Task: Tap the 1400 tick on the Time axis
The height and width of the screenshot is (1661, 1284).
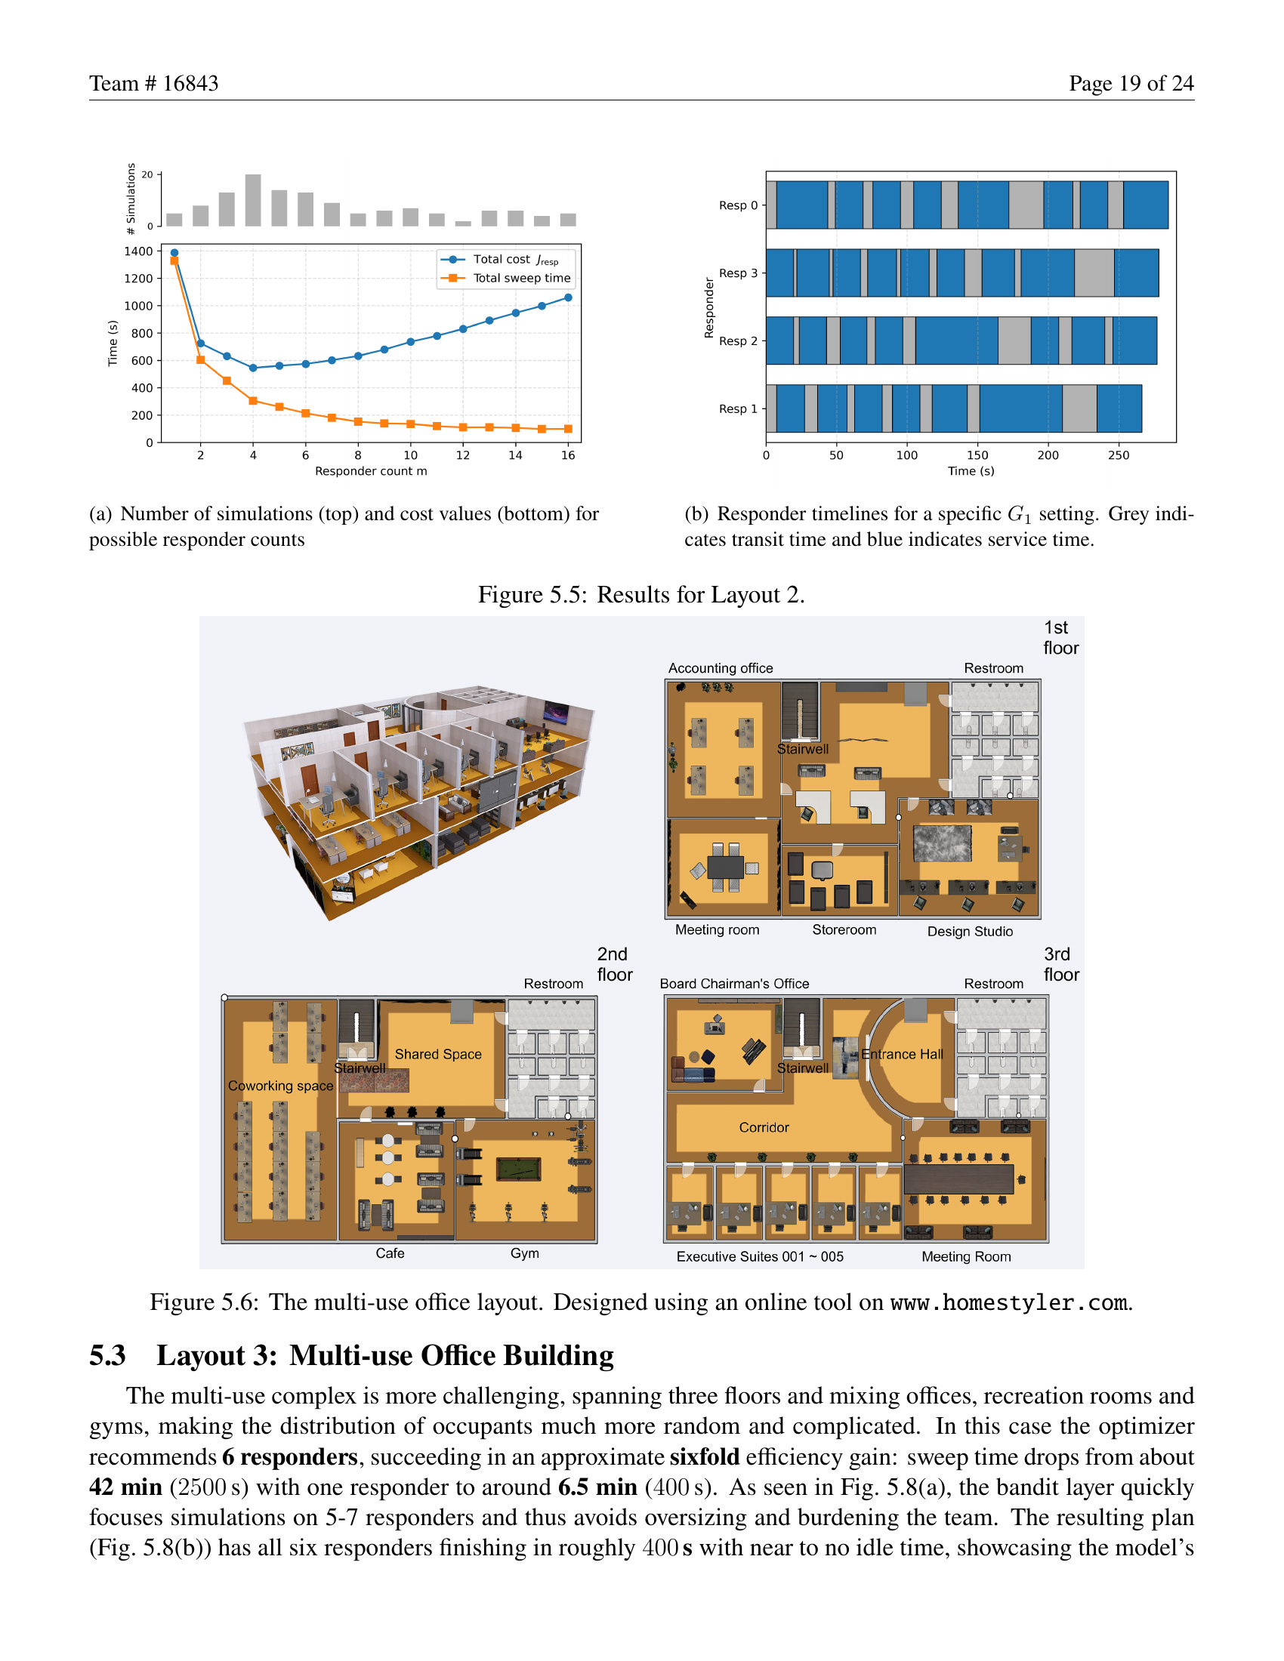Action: [138, 251]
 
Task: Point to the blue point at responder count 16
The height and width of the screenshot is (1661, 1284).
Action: [568, 297]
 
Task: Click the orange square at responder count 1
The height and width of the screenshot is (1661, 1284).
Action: [174, 261]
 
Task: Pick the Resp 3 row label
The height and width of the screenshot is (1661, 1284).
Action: [738, 273]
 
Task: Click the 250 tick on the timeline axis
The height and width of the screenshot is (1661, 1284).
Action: [1118, 455]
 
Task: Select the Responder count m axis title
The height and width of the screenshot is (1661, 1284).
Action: [371, 472]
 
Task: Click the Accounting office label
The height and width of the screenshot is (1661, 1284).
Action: [721, 668]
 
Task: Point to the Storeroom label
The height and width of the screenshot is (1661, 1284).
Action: [844, 930]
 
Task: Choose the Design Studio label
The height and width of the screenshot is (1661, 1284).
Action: [970, 932]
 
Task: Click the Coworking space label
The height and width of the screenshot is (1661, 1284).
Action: [281, 1086]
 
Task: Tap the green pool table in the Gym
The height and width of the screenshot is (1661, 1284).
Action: [519, 1169]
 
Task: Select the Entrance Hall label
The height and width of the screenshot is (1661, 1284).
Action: [902, 1054]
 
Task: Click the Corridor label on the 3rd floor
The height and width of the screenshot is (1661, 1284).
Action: [764, 1127]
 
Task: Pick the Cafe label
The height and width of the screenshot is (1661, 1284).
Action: [390, 1253]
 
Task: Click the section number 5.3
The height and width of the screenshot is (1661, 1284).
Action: [107, 1356]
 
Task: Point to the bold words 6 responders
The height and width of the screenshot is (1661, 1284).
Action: [290, 1457]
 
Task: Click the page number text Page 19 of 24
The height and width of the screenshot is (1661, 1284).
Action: [1131, 83]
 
